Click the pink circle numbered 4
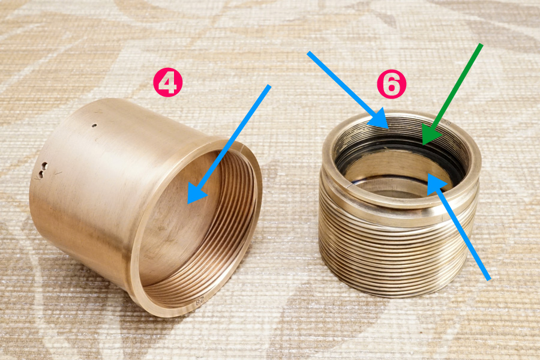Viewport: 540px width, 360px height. click(168, 82)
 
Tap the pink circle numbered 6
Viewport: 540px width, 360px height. click(392, 84)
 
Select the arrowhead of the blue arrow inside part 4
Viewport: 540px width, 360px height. click(196, 194)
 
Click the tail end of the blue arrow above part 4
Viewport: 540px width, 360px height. click(269, 86)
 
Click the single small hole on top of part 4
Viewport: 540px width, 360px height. click(95, 125)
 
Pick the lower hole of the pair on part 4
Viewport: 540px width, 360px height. click(41, 175)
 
